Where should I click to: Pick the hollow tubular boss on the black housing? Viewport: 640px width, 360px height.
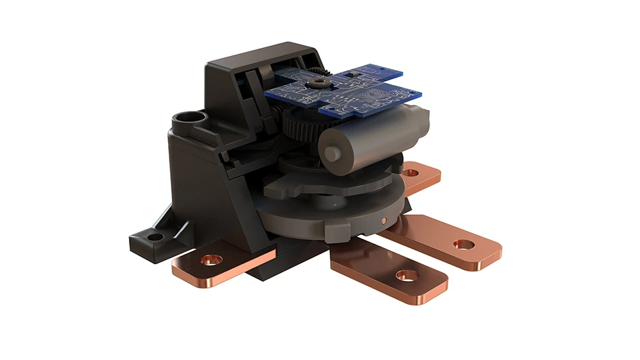click(186, 122)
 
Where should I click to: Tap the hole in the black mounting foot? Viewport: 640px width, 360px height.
click(155, 237)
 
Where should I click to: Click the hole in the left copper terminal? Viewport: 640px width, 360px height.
click(213, 259)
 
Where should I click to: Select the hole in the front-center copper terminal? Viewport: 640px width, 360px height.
click(407, 276)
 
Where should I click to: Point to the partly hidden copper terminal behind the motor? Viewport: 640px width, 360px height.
click(421, 177)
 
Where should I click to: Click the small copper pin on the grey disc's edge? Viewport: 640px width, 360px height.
click(383, 220)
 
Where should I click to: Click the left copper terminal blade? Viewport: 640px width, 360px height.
click(223, 265)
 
